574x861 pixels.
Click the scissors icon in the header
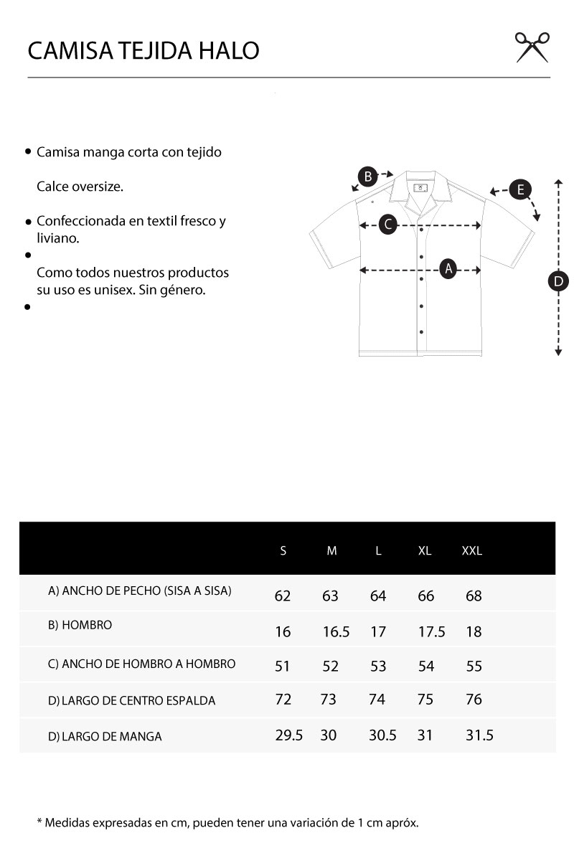click(x=532, y=47)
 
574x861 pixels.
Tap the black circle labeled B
click(x=367, y=177)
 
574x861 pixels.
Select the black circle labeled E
click(x=520, y=190)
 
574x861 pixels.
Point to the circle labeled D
click(x=558, y=281)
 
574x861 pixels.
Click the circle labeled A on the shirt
click(x=448, y=269)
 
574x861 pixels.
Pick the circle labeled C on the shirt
click(x=387, y=225)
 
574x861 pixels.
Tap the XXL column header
click(x=472, y=551)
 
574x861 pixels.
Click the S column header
click(x=283, y=551)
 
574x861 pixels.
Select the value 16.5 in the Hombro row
click(x=336, y=632)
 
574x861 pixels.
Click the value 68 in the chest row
click(x=474, y=596)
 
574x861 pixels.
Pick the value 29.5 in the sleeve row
click(x=289, y=735)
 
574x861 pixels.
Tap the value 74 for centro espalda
click(x=377, y=700)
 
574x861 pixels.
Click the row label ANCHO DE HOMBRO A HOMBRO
click(x=141, y=664)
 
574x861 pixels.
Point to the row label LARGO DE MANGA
click(x=105, y=736)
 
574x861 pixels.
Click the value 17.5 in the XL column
click(x=431, y=632)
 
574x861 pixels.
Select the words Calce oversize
click(x=80, y=187)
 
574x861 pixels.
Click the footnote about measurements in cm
click(x=227, y=822)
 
